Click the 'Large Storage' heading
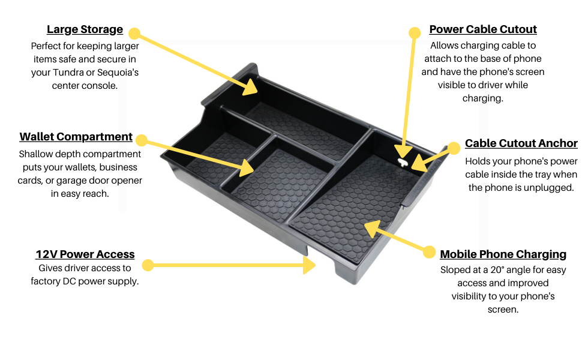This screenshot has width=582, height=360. point(85,29)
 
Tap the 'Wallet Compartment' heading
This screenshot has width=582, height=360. point(76,137)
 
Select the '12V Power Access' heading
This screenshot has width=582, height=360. point(85,254)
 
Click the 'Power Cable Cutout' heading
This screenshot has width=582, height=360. point(483,29)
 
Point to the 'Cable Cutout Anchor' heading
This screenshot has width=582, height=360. point(521,143)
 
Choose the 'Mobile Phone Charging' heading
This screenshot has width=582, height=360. point(503,254)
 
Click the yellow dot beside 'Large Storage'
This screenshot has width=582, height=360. point(134,33)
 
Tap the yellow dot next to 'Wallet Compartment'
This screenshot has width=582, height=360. point(142,140)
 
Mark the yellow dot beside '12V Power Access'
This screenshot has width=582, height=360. point(148,265)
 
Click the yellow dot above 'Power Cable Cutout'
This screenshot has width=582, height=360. point(415,32)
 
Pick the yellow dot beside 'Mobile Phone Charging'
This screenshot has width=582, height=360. point(429,252)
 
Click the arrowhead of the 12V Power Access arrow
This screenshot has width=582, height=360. point(310,265)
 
